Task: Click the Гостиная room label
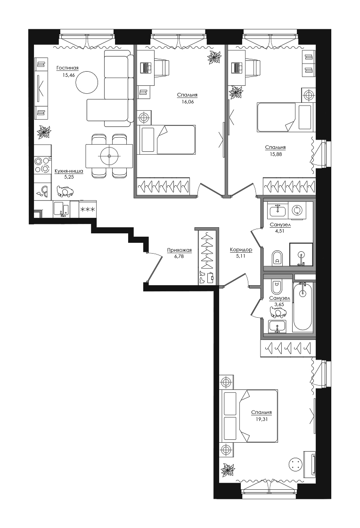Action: [67, 68]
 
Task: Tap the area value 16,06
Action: [187, 101]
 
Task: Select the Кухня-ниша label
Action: [69, 171]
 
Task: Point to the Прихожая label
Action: [180, 250]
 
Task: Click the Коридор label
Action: [241, 250]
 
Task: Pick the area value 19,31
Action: [262, 419]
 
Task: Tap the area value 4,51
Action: [280, 231]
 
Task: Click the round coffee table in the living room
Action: [87, 82]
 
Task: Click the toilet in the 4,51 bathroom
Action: [277, 258]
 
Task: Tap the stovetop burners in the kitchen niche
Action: [42, 165]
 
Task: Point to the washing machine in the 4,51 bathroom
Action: [297, 210]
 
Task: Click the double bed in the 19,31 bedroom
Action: [248, 416]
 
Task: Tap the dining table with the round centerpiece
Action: [109, 156]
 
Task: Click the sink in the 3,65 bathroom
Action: [277, 326]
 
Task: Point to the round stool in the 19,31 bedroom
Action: [295, 466]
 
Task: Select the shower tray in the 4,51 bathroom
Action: [301, 255]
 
